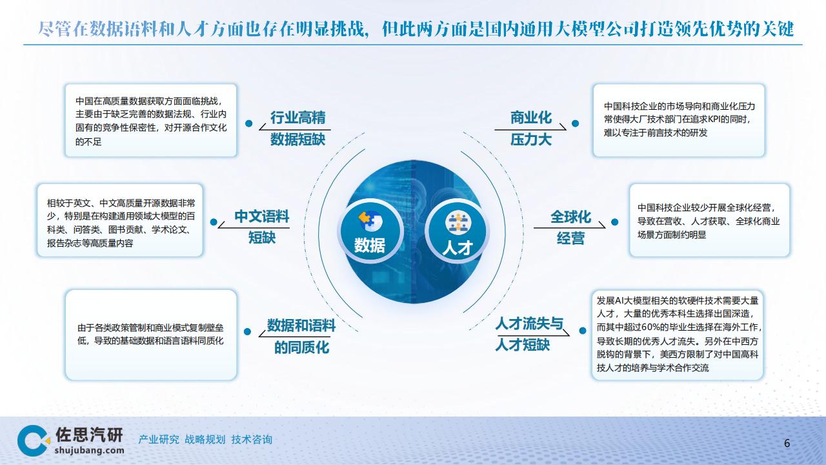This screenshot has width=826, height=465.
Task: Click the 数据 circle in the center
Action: click(370, 231)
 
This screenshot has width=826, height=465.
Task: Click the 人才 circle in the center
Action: click(458, 231)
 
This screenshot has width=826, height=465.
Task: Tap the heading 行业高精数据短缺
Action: click(298, 129)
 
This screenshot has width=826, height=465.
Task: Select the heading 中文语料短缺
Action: click(262, 227)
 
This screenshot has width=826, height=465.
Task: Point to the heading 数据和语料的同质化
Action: click(301, 336)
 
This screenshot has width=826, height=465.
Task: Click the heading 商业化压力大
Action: click(531, 129)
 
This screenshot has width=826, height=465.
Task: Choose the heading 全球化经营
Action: click(570, 227)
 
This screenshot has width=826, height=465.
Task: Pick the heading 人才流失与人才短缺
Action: click(529, 334)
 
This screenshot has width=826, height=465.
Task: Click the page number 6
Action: click(787, 443)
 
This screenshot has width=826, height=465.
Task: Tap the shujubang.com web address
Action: click(89, 450)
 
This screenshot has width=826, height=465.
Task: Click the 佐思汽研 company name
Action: click(89, 435)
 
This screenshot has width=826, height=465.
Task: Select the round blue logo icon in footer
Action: click(33, 440)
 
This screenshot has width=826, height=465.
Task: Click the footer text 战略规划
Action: click(205, 440)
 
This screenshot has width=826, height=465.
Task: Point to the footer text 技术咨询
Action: click(252, 440)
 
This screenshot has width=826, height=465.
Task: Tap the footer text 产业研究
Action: click(159, 440)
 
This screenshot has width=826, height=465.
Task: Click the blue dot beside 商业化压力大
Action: click(575, 123)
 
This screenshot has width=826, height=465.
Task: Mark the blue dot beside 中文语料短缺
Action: click(214, 222)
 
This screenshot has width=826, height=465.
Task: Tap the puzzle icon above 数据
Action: click(370, 221)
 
